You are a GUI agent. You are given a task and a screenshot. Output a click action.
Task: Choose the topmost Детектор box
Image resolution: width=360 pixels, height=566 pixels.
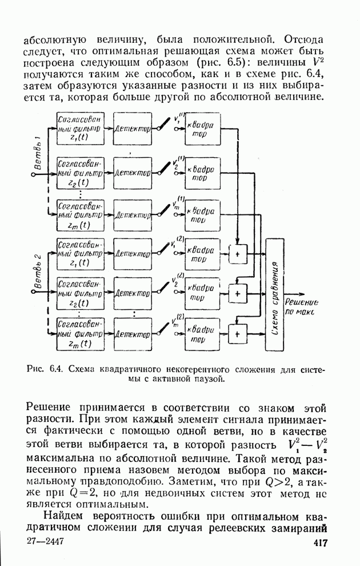point(133,130)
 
